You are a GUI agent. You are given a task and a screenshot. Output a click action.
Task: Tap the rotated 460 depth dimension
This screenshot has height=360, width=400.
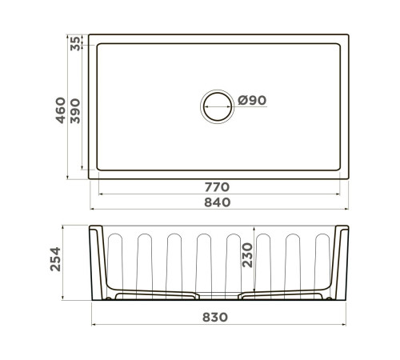click(59, 105)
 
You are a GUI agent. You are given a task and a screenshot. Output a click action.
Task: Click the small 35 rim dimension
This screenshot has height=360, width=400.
click(75, 43)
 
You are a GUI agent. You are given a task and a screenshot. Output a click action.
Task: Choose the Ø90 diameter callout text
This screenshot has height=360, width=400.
click(252, 101)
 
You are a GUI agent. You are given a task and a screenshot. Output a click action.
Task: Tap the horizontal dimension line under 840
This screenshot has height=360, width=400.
click(218, 211)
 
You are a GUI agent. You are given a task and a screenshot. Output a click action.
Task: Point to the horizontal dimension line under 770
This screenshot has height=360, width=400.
click(218, 194)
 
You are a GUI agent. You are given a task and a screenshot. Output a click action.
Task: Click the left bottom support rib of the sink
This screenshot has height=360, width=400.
click(156, 295)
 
